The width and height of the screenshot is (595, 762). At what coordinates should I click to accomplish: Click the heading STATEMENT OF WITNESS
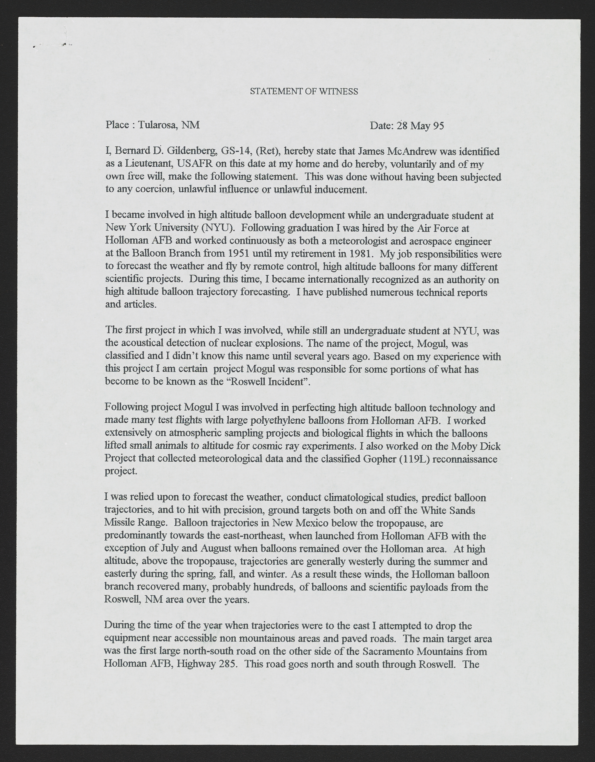click(304, 91)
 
